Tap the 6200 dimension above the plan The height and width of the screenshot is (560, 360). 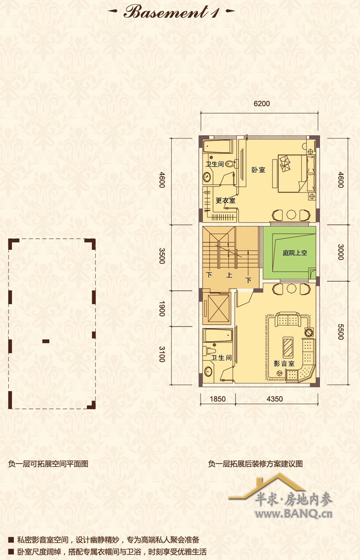pyautogui.click(x=262, y=103)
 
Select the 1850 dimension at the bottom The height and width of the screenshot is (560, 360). pyautogui.click(x=217, y=399)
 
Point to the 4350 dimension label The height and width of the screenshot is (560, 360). pyautogui.click(x=275, y=399)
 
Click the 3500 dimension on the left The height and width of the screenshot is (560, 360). pyautogui.click(x=162, y=256)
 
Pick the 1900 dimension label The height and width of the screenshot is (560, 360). pyautogui.click(x=162, y=309)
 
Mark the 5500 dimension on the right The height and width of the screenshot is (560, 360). pyautogui.click(x=340, y=332)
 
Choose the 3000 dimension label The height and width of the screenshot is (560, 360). pyautogui.click(x=340, y=252)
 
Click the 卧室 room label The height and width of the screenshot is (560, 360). pyautogui.click(x=258, y=170)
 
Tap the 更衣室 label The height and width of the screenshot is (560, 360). pyautogui.click(x=225, y=201)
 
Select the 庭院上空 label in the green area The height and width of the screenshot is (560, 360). pyautogui.click(x=295, y=253)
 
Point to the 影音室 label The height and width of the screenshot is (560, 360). pyautogui.click(x=284, y=363)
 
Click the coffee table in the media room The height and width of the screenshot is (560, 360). pyautogui.click(x=288, y=347)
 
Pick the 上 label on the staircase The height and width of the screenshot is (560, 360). pyautogui.click(x=229, y=275)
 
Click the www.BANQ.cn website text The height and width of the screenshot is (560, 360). pyautogui.click(x=294, y=514)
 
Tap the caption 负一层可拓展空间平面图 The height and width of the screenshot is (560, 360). pyautogui.click(x=48, y=464)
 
